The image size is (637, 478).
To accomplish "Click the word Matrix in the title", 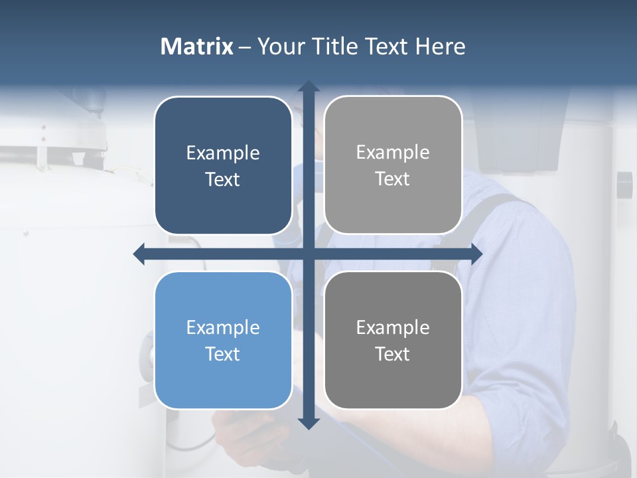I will [197, 46].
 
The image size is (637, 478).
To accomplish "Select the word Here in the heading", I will [440, 46].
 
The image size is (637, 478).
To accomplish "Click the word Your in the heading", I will [279, 46].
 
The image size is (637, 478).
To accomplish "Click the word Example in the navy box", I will [223, 153].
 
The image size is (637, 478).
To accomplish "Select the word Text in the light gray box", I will [393, 179].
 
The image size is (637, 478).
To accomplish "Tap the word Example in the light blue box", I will [223, 328].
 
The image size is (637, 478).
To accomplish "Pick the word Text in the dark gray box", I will [393, 355].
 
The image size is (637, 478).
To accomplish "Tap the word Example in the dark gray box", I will [393, 328].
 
